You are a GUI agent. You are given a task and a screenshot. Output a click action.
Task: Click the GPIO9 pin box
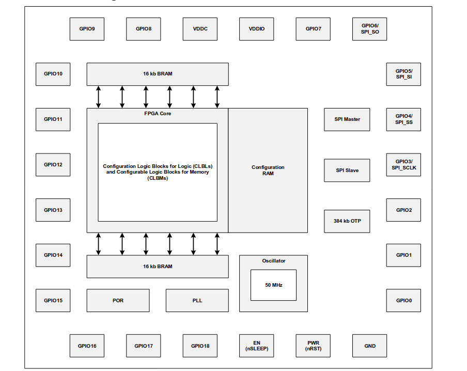(x=87, y=29)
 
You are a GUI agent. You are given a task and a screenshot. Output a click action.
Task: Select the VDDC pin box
(x=200, y=29)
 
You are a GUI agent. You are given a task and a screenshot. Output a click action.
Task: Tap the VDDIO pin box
(x=256, y=29)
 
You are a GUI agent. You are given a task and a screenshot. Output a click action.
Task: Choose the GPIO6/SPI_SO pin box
(x=370, y=29)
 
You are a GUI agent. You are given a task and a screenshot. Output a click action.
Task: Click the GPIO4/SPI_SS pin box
(x=403, y=119)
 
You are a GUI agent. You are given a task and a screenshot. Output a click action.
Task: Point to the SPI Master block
(x=347, y=119)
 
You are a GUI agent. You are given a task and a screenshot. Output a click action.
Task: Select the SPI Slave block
(x=347, y=170)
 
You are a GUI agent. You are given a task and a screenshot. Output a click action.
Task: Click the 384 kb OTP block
(x=347, y=221)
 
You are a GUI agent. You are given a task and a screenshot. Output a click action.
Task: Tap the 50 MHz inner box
(x=274, y=285)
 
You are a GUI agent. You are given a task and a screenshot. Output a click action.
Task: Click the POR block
(x=118, y=300)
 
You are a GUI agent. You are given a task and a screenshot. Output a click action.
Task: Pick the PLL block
(x=197, y=300)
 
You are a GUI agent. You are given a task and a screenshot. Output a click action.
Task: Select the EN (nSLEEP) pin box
(x=256, y=346)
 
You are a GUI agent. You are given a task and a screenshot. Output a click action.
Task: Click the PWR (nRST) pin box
(x=313, y=346)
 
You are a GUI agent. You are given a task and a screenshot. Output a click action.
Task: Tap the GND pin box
(x=370, y=346)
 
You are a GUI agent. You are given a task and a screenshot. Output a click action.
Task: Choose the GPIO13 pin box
(x=53, y=210)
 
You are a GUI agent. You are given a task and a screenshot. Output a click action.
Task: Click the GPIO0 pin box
(x=403, y=300)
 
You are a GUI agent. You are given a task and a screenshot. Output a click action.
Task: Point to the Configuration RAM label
(x=268, y=171)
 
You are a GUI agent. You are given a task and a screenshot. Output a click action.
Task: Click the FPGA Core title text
(x=158, y=113)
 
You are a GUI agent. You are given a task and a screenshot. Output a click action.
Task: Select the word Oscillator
(x=274, y=261)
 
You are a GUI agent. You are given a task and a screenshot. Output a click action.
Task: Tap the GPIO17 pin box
(x=143, y=346)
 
